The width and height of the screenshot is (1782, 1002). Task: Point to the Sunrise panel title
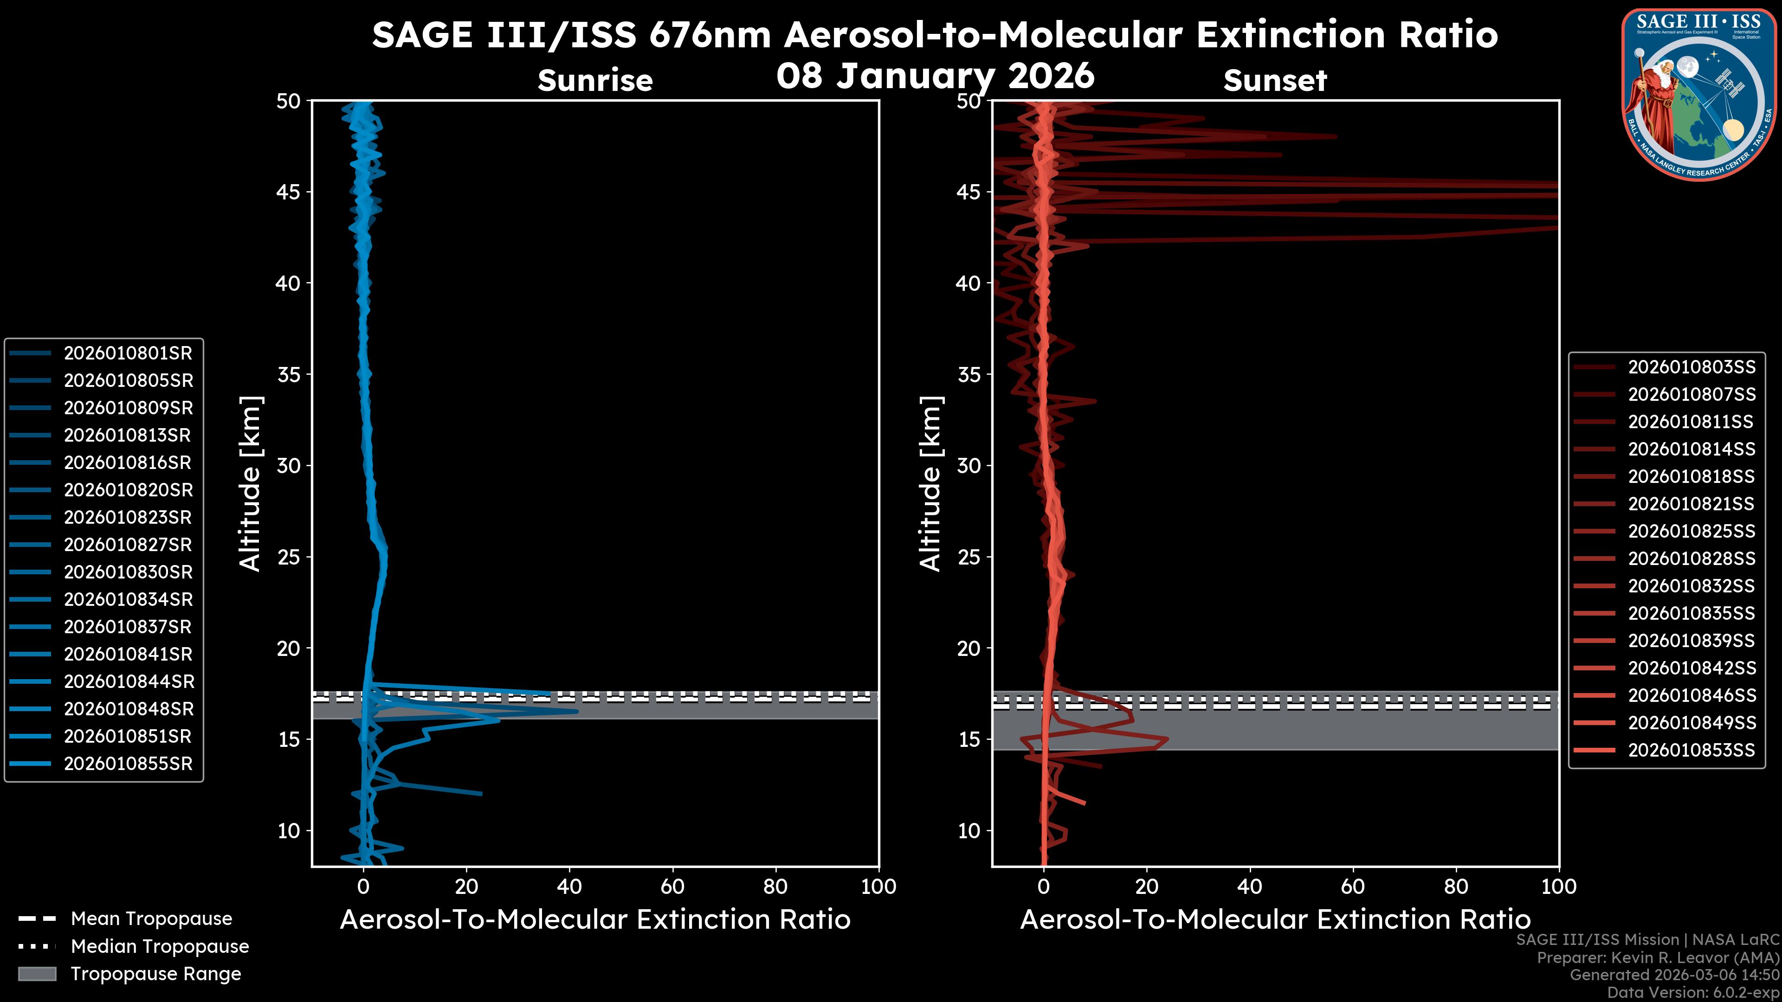click(x=595, y=81)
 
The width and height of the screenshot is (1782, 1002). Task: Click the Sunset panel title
click(x=1275, y=81)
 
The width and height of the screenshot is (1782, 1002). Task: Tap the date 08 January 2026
click(x=935, y=75)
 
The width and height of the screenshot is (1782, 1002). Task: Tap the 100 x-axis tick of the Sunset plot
click(x=1559, y=887)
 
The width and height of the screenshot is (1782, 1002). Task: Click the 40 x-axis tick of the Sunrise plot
click(x=569, y=887)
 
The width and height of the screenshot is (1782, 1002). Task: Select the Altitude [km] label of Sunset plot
click(x=930, y=483)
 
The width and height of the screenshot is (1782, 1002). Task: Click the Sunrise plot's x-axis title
click(x=595, y=920)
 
